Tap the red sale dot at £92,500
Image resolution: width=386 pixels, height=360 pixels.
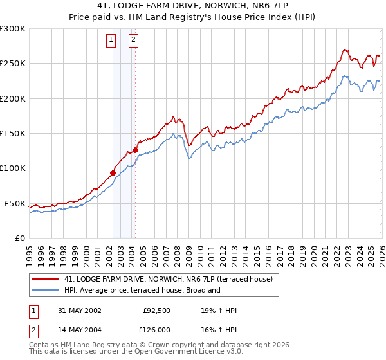pos(113,173)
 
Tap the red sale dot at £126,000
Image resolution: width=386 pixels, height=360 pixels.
pos(135,150)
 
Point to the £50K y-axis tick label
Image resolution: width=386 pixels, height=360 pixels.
pos(15,203)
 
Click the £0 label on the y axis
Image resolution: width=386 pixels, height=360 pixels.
pos(19,238)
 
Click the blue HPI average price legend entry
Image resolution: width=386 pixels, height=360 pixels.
pos(142,290)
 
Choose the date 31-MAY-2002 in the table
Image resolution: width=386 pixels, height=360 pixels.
pos(78,310)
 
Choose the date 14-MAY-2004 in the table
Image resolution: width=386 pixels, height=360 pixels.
pos(78,328)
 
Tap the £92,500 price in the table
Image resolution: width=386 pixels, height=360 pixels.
pos(157,310)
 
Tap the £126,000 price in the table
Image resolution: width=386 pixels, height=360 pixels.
pos(156,328)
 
